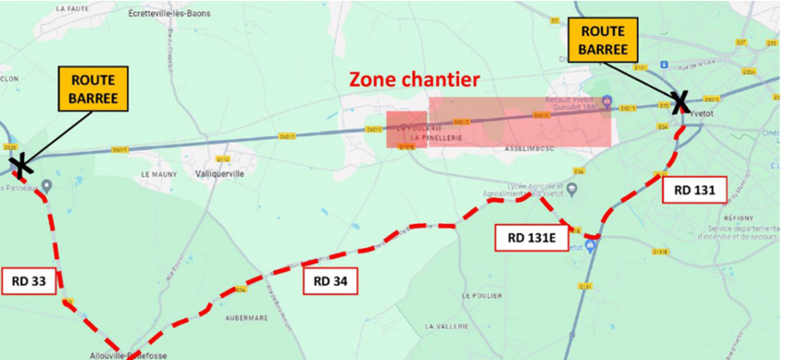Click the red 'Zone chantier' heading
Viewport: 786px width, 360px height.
(x=413, y=80)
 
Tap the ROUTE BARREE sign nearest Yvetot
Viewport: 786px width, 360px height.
(x=602, y=40)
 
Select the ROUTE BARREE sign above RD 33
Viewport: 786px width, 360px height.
(x=94, y=89)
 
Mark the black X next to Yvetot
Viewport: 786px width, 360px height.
(x=679, y=103)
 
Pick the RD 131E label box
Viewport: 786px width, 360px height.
(x=531, y=237)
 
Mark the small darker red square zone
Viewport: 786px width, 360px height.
(x=406, y=130)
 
